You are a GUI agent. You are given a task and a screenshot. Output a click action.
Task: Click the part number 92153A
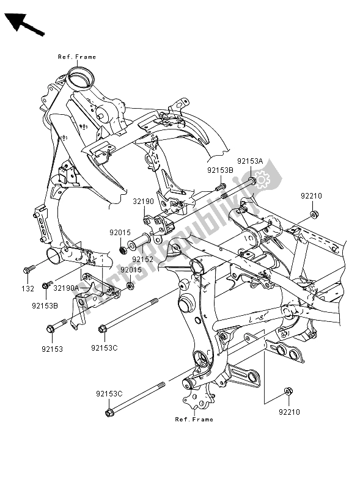pos(251,161)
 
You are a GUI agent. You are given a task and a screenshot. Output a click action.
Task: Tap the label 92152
pos(142,259)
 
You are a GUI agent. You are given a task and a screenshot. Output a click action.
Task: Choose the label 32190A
pos(66,288)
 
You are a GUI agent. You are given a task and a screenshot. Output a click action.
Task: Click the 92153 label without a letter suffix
pos(53,349)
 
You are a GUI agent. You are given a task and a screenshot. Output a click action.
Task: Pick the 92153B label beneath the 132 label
pos(45,303)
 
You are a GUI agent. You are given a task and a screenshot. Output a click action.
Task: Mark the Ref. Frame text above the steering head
pos(77,57)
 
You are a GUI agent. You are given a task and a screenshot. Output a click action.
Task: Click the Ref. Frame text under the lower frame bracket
pos(194,420)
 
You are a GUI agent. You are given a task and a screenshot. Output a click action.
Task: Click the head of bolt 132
pos(29,269)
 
